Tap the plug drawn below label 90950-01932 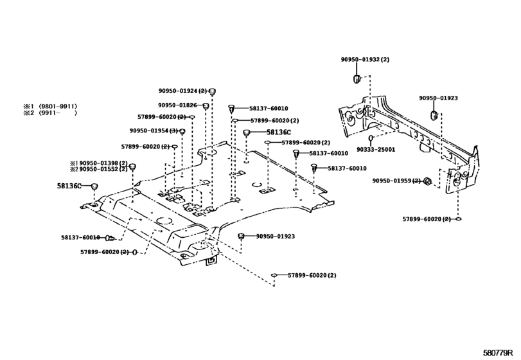353,78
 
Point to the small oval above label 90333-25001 371,138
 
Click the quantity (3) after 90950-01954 173,131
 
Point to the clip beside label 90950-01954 182,132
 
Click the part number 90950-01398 99,163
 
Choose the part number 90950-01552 99,170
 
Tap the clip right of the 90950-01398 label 132,167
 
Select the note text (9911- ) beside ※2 58,113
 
